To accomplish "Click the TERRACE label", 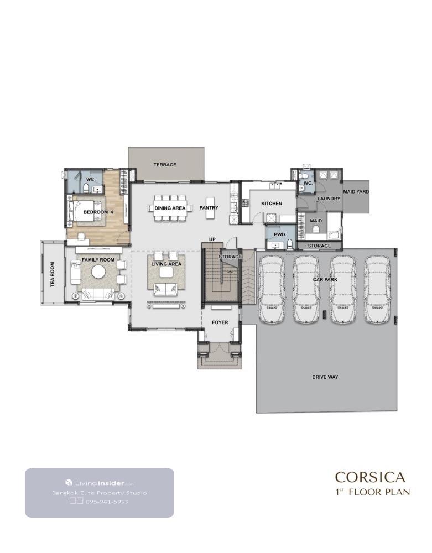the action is (x=165, y=165).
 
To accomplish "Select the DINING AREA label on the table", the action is (x=170, y=208).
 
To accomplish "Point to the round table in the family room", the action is (x=98, y=272).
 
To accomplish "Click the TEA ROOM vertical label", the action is (x=53, y=274).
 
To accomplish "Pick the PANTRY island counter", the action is (x=210, y=207).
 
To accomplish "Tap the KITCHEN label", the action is (x=272, y=204).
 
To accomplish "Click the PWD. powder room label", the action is (x=280, y=234).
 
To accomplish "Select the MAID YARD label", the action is (x=356, y=192).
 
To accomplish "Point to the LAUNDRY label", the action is (x=329, y=199).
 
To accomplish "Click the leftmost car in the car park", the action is (x=272, y=289).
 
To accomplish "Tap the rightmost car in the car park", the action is (x=377, y=289).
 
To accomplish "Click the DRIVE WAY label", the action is (x=325, y=377).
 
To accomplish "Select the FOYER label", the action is (x=220, y=322).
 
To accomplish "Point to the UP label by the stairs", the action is (x=212, y=239).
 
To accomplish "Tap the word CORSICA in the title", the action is (x=370, y=477).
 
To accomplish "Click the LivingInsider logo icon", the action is (x=69, y=482).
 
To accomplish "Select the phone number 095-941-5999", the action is (x=107, y=502).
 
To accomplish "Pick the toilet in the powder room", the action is (x=290, y=244).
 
